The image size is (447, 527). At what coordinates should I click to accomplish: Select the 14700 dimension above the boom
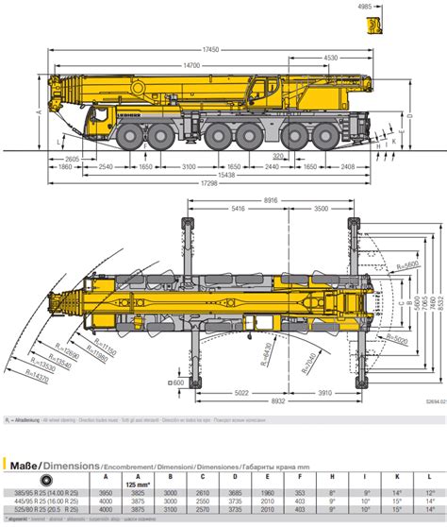(192, 64)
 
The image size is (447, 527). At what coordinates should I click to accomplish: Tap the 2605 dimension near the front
(71, 160)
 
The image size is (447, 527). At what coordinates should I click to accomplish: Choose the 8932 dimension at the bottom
(271, 401)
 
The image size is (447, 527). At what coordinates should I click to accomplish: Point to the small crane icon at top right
(376, 22)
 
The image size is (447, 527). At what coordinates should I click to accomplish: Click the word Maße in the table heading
(23, 464)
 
